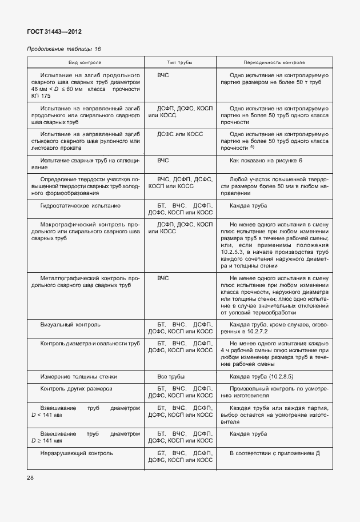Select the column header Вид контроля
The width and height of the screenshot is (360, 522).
coord(85,62)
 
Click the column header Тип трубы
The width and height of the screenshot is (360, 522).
coord(179,62)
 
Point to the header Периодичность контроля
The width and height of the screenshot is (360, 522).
coord(274,62)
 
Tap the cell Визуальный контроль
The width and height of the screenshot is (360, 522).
coord(70,324)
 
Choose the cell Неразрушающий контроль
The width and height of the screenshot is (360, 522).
coord(77,453)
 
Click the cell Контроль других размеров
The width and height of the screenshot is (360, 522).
coord(76,388)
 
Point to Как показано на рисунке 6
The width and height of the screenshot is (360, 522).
coord(266,161)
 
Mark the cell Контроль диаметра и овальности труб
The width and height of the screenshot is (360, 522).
coord(90,343)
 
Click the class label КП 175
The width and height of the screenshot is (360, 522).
coord(41,95)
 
